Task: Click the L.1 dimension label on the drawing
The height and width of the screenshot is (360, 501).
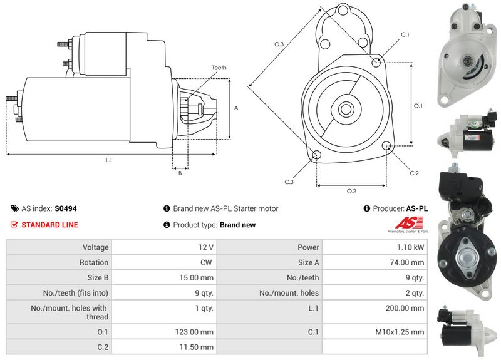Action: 108,160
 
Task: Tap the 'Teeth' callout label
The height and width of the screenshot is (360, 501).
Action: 219,68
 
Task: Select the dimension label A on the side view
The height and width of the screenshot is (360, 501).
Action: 236,108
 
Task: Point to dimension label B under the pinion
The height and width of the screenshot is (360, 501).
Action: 180,173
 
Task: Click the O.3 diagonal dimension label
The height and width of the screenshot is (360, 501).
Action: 279,44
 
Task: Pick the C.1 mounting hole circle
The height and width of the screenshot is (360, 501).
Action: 376,63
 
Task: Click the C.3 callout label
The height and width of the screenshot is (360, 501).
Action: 289,182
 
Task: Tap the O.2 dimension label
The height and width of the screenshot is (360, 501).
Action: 351,191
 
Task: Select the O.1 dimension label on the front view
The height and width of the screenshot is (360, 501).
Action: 418,105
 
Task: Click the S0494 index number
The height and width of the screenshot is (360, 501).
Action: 66,208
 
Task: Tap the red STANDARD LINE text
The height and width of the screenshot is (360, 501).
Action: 50,225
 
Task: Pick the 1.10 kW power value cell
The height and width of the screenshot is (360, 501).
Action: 410,247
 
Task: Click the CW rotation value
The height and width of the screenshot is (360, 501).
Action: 206,262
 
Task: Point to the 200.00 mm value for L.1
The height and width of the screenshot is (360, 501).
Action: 406,308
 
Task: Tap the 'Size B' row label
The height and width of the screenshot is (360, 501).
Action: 95,277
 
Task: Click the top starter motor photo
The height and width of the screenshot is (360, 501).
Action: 466,56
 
